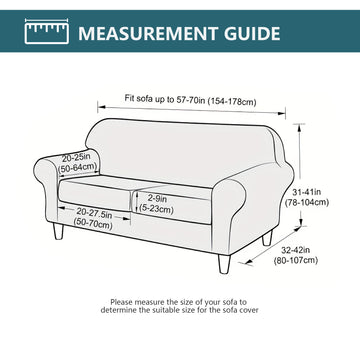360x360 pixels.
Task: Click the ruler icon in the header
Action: click(x=47, y=32)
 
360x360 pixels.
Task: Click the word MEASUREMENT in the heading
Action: click(x=148, y=33)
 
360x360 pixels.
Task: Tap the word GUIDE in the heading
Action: click(x=252, y=33)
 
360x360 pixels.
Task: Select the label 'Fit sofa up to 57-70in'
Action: click(x=165, y=99)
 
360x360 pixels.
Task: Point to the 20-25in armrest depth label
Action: click(x=76, y=157)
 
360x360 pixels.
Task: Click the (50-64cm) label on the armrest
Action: click(x=78, y=166)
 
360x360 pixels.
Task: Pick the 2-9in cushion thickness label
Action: click(x=157, y=199)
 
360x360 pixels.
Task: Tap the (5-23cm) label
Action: click(x=157, y=209)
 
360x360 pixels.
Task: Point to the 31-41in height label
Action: click(x=307, y=192)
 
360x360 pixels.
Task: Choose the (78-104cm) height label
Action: click(x=307, y=202)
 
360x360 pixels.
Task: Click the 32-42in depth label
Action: click(x=296, y=250)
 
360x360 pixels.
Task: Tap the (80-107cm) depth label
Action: click(x=296, y=260)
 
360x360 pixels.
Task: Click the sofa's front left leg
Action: click(x=58, y=231)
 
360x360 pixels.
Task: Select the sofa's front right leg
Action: click(x=224, y=263)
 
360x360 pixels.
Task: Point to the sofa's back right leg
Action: click(x=267, y=238)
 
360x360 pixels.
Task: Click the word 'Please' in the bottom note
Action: click(x=121, y=302)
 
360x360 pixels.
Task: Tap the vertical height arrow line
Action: click(x=301, y=175)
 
